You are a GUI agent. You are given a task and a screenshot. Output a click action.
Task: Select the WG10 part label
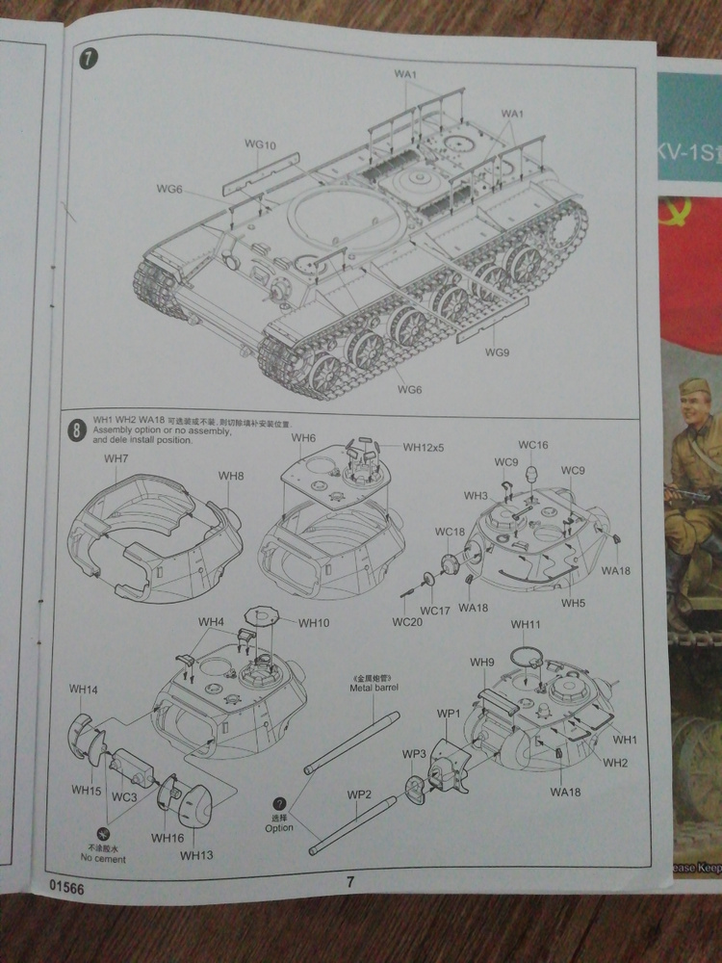tap(260, 144)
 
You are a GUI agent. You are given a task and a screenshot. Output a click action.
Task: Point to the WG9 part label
tap(497, 352)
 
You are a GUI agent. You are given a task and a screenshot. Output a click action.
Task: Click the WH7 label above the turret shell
tap(116, 458)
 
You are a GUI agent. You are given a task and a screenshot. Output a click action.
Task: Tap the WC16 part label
tap(532, 445)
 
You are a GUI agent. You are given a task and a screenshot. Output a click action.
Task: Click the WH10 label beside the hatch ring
tap(314, 623)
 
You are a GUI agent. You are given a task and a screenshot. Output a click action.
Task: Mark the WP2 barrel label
tap(359, 794)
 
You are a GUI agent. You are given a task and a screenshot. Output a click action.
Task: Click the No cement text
tap(103, 858)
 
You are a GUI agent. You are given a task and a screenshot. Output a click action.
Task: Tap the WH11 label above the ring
tap(526, 625)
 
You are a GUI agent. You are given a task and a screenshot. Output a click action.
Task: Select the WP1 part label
tap(449, 713)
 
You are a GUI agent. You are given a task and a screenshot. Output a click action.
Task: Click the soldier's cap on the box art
tap(694, 390)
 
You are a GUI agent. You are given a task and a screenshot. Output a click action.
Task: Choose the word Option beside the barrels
tap(279, 827)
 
